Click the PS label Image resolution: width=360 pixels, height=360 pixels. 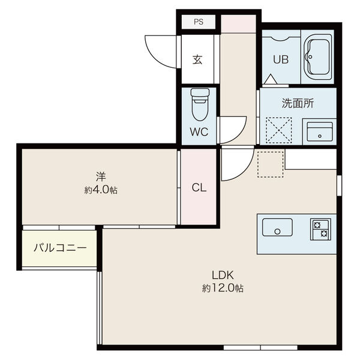pyautogui.click(x=199, y=22)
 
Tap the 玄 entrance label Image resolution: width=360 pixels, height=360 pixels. pyautogui.click(x=197, y=59)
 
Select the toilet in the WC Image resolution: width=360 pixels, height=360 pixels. pyautogui.click(x=200, y=104)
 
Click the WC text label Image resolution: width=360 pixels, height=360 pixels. pyautogui.click(x=199, y=132)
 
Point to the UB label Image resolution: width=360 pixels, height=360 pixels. pyautogui.click(x=281, y=59)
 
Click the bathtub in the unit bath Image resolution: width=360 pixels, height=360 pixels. pyautogui.click(x=318, y=57)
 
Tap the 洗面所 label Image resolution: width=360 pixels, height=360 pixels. pyautogui.click(x=298, y=103)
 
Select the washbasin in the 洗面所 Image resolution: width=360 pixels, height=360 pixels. pyautogui.click(x=320, y=132)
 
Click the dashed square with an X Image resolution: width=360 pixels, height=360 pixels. pyautogui.click(x=279, y=130)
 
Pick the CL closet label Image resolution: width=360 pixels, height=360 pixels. pyautogui.click(x=199, y=188)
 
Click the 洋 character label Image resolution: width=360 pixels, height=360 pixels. pyautogui.click(x=101, y=177)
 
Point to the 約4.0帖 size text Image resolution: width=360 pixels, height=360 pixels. pyautogui.click(x=101, y=190)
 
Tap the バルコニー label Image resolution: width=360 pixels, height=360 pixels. pyautogui.click(x=60, y=248)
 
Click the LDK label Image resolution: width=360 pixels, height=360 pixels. pyautogui.click(x=223, y=275)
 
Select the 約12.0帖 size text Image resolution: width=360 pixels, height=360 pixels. pyautogui.click(x=223, y=288)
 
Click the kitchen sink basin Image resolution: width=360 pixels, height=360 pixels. pyautogui.click(x=277, y=227)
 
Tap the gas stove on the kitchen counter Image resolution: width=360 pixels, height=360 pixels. pyautogui.click(x=320, y=229)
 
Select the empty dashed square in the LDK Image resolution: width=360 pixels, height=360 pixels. pyautogui.click(x=271, y=164)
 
